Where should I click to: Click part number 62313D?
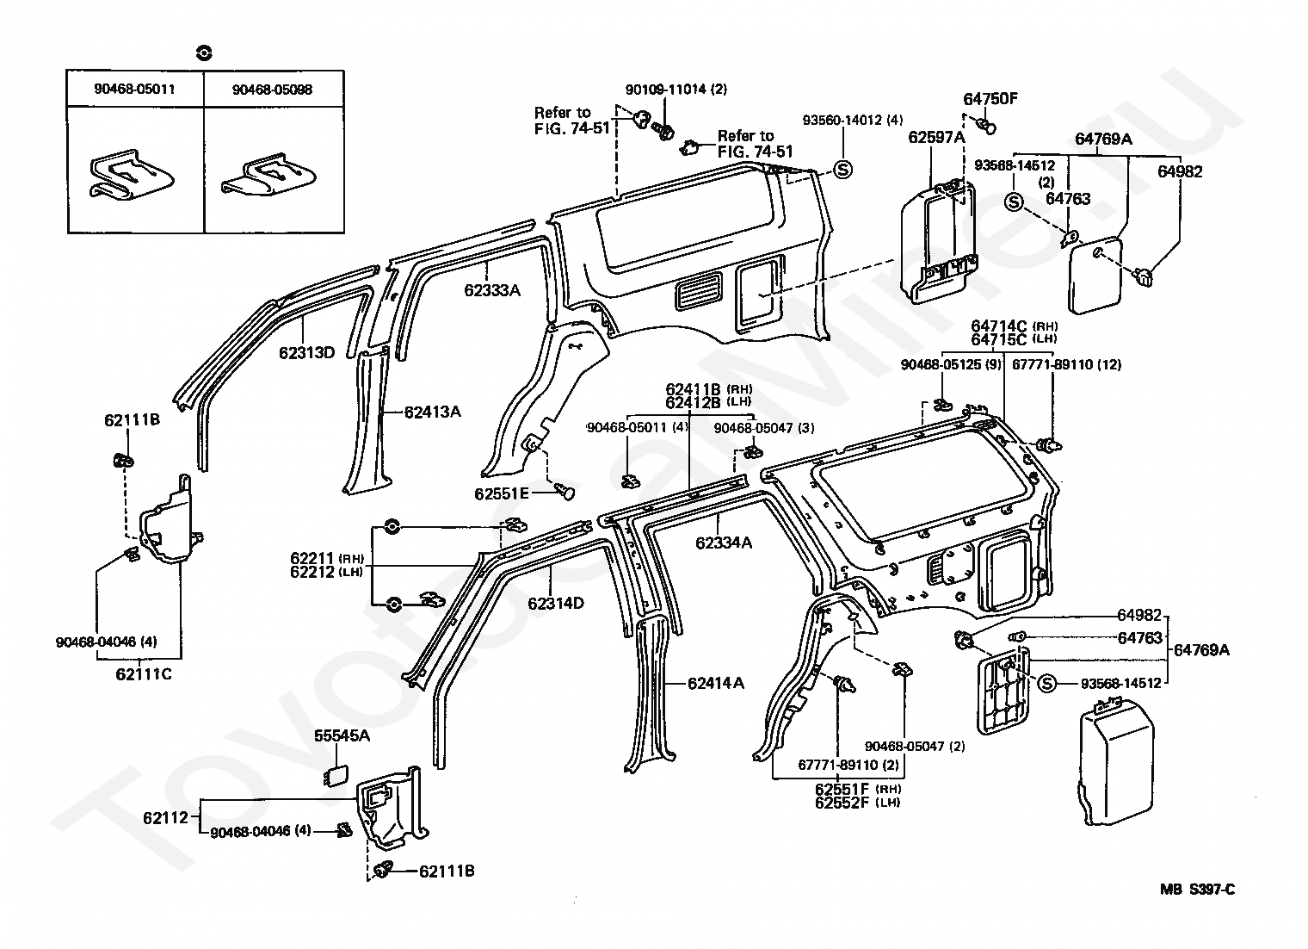(x=306, y=353)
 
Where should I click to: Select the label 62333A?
(x=492, y=290)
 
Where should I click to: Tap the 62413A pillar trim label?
(x=433, y=412)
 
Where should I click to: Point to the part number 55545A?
(x=342, y=735)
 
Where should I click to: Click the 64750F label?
(x=990, y=99)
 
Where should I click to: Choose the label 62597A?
(x=936, y=137)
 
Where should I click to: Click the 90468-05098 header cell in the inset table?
(x=273, y=90)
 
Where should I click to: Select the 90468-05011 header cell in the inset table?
(x=135, y=89)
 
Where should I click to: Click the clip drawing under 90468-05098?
(x=269, y=174)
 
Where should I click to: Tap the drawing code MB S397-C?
(x=1198, y=890)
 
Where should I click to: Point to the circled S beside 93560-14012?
(x=842, y=170)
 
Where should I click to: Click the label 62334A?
(x=724, y=543)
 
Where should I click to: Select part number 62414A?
(x=716, y=683)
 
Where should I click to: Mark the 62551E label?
(x=502, y=493)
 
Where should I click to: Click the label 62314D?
(x=556, y=603)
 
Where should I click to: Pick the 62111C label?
(x=144, y=674)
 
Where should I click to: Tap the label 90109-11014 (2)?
(x=676, y=90)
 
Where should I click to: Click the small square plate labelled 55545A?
(x=336, y=776)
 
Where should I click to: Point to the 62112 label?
(x=166, y=817)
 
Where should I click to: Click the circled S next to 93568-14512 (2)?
(x=1015, y=202)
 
